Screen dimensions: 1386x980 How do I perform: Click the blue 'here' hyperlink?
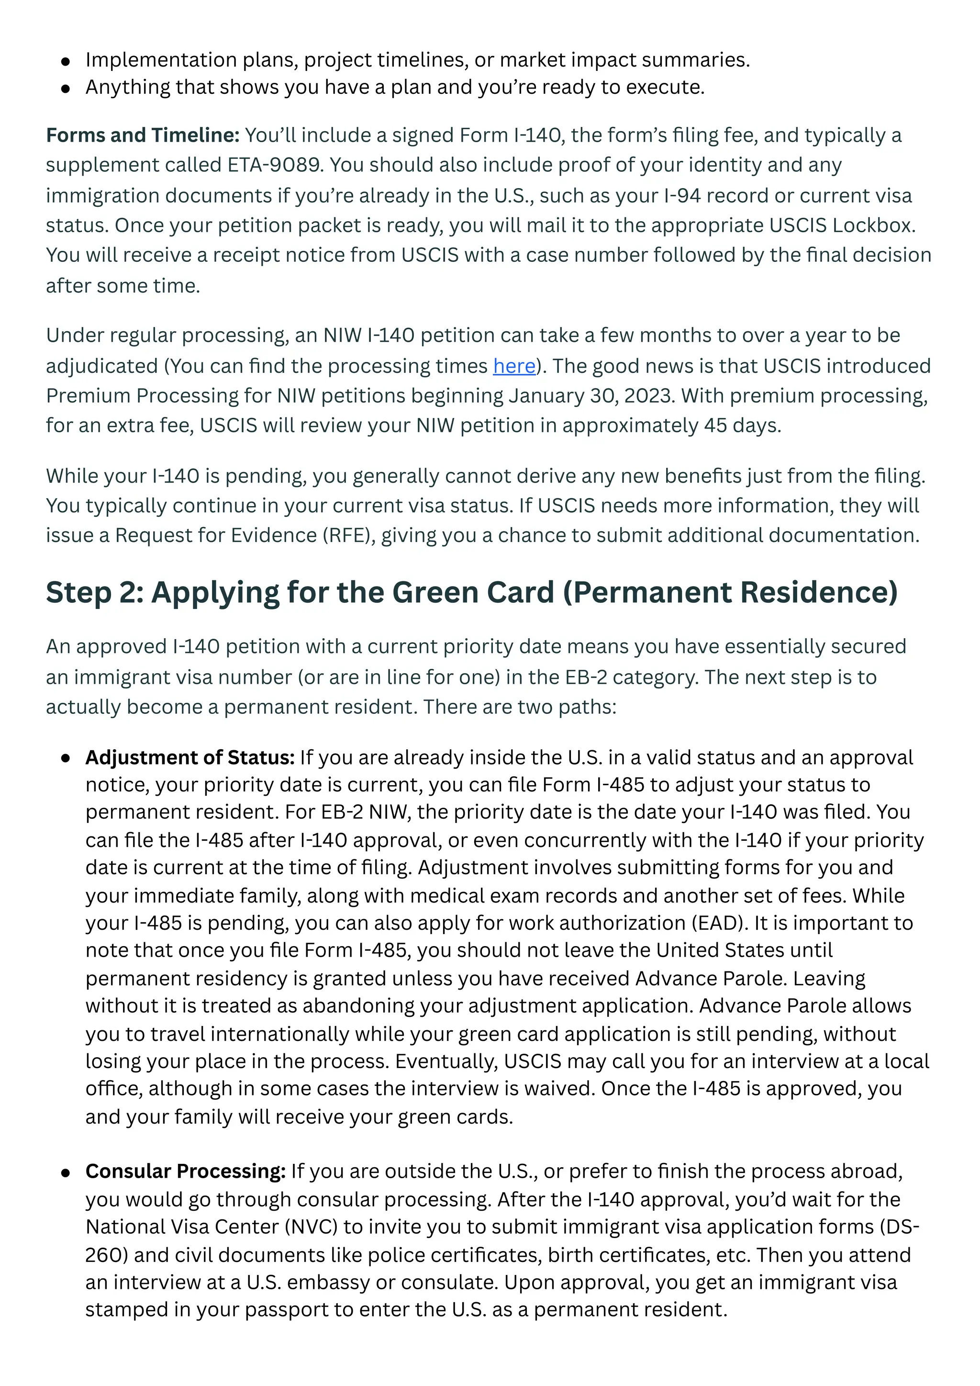point(514,366)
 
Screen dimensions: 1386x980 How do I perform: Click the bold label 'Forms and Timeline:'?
point(143,135)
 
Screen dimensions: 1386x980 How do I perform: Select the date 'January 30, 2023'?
point(590,395)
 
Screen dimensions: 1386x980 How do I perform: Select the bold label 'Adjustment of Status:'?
point(190,757)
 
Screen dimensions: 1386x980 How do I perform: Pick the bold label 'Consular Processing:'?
point(185,1171)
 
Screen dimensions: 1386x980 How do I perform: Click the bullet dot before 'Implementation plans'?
point(66,61)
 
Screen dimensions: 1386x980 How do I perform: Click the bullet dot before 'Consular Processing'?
point(66,1173)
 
